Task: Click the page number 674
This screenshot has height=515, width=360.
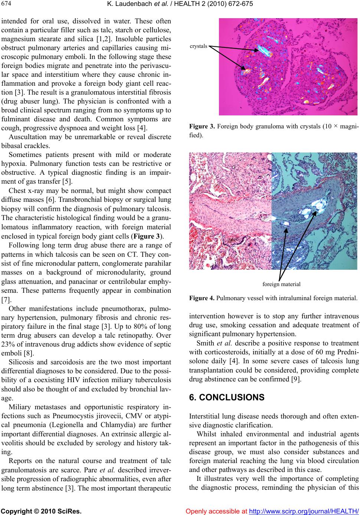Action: pyautogui.click(x=6, y=4)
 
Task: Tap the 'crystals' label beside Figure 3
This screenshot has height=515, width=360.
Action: pyautogui.click(x=199, y=46)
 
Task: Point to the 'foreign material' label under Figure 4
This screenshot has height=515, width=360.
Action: pyautogui.click(x=281, y=284)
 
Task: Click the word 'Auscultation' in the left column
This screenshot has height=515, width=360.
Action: pyautogui.click(x=27, y=137)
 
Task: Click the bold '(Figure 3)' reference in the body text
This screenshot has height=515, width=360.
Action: pyautogui.click(x=152, y=236)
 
